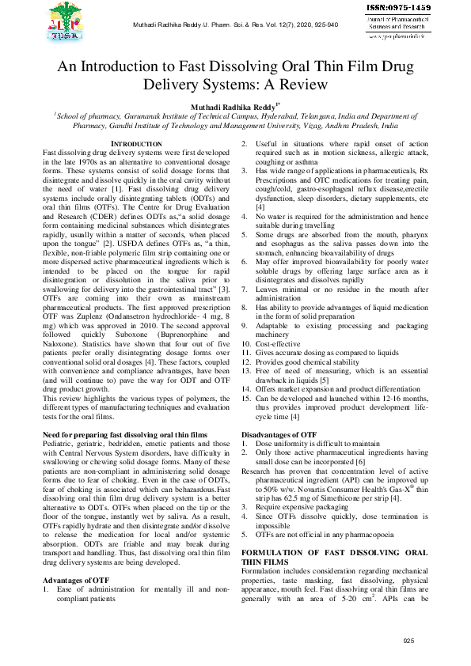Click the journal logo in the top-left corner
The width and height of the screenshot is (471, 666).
69,22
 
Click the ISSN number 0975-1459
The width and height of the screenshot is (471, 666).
399,7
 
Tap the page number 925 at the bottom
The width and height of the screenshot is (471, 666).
408,641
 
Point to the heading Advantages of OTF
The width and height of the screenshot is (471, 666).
76,580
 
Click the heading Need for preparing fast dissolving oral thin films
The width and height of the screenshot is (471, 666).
124,436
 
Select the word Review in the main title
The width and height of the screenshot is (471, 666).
297,82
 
